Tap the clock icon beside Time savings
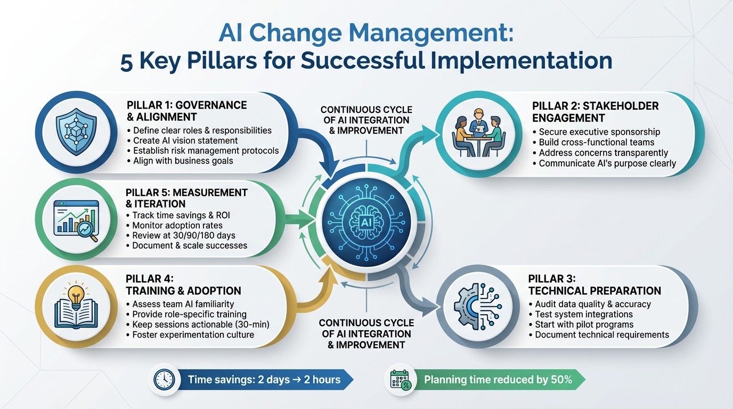point(164,380)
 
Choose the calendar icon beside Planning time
point(400,380)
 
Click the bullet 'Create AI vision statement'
point(185,141)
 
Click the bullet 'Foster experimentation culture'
point(190,334)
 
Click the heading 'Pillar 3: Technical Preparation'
point(594,284)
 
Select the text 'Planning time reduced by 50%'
point(498,380)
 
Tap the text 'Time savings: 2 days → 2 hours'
point(264,380)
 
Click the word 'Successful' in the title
point(368,60)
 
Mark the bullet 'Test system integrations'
point(583,314)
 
